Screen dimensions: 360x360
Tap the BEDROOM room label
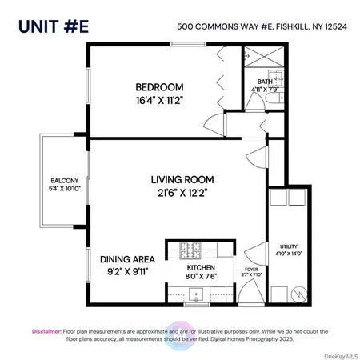pyautogui.click(x=159, y=87)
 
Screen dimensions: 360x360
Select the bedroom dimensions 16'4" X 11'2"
pyautogui.click(x=159, y=102)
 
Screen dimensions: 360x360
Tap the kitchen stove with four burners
pyautogui.click(x=193, y=248)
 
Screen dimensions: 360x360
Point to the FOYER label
pyautogui.click(x=250, y=269)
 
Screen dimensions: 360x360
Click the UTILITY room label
pyautogui.click(x=287, y=246)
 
